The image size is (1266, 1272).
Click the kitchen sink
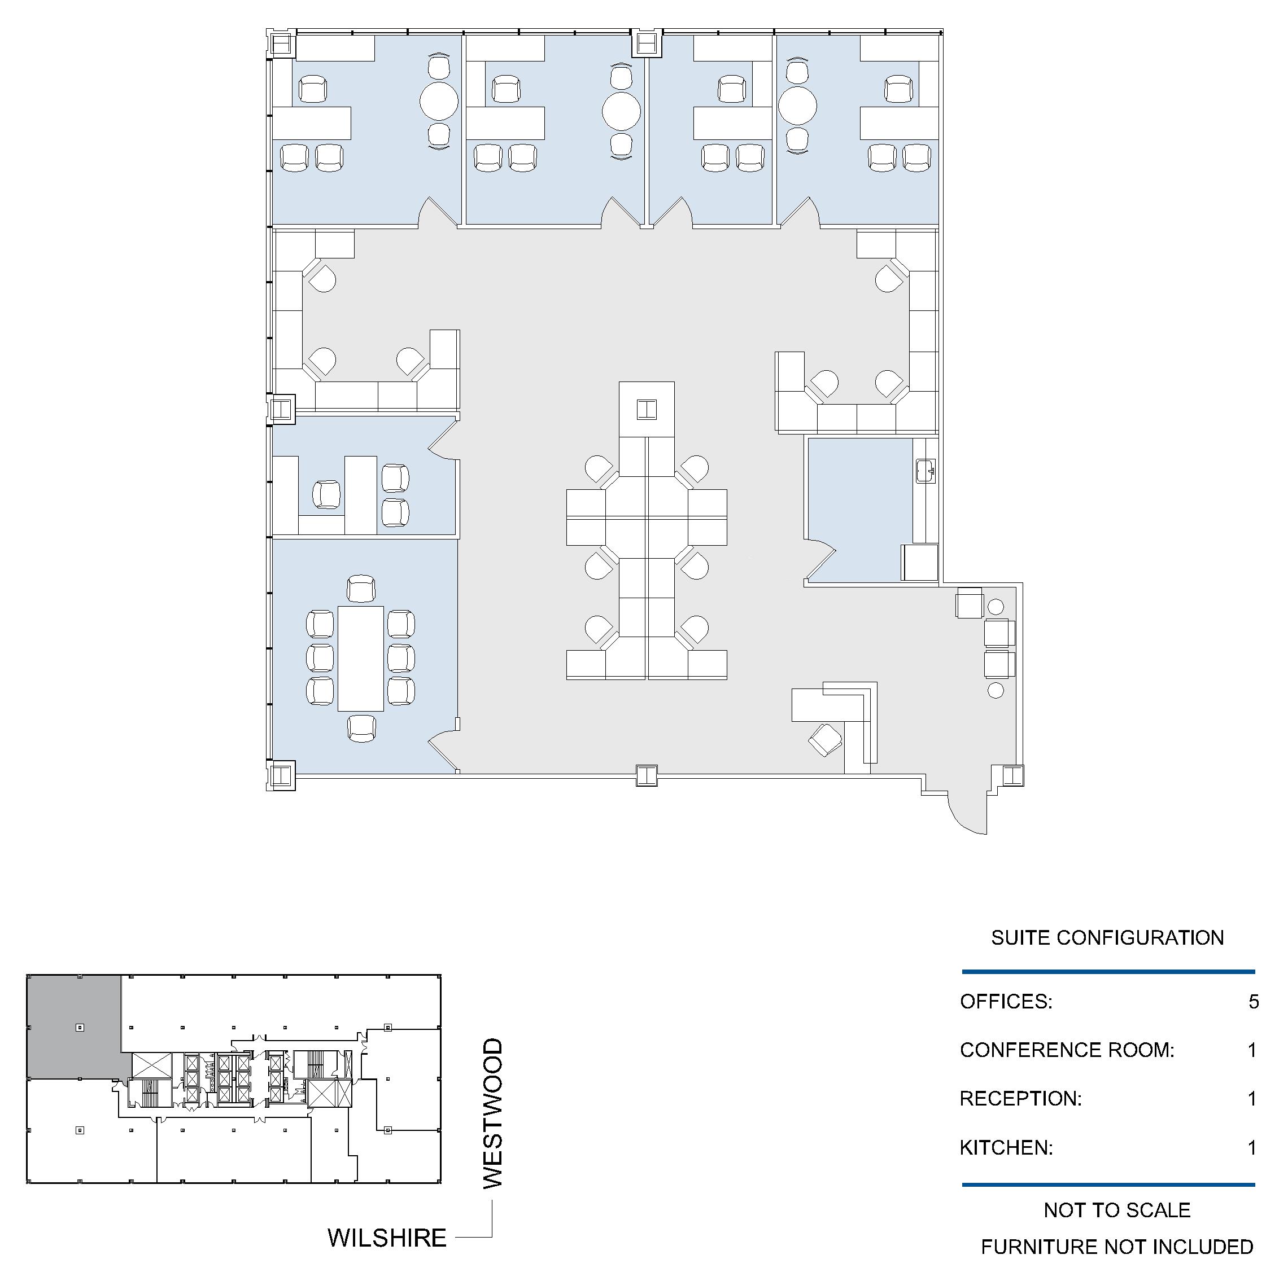926,471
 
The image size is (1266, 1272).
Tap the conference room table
360,658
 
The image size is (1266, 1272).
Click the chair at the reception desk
826,739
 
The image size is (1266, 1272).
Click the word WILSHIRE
387,1238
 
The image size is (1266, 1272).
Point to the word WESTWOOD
493,1113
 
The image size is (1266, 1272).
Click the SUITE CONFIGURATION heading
1107,937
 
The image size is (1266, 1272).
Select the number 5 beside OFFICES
1253,1001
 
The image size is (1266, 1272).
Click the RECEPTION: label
1020,1099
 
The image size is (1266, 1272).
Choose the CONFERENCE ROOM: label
1067,1050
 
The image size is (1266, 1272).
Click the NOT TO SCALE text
1117,1210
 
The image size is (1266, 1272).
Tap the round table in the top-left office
439,100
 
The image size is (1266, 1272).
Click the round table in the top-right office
798,106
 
